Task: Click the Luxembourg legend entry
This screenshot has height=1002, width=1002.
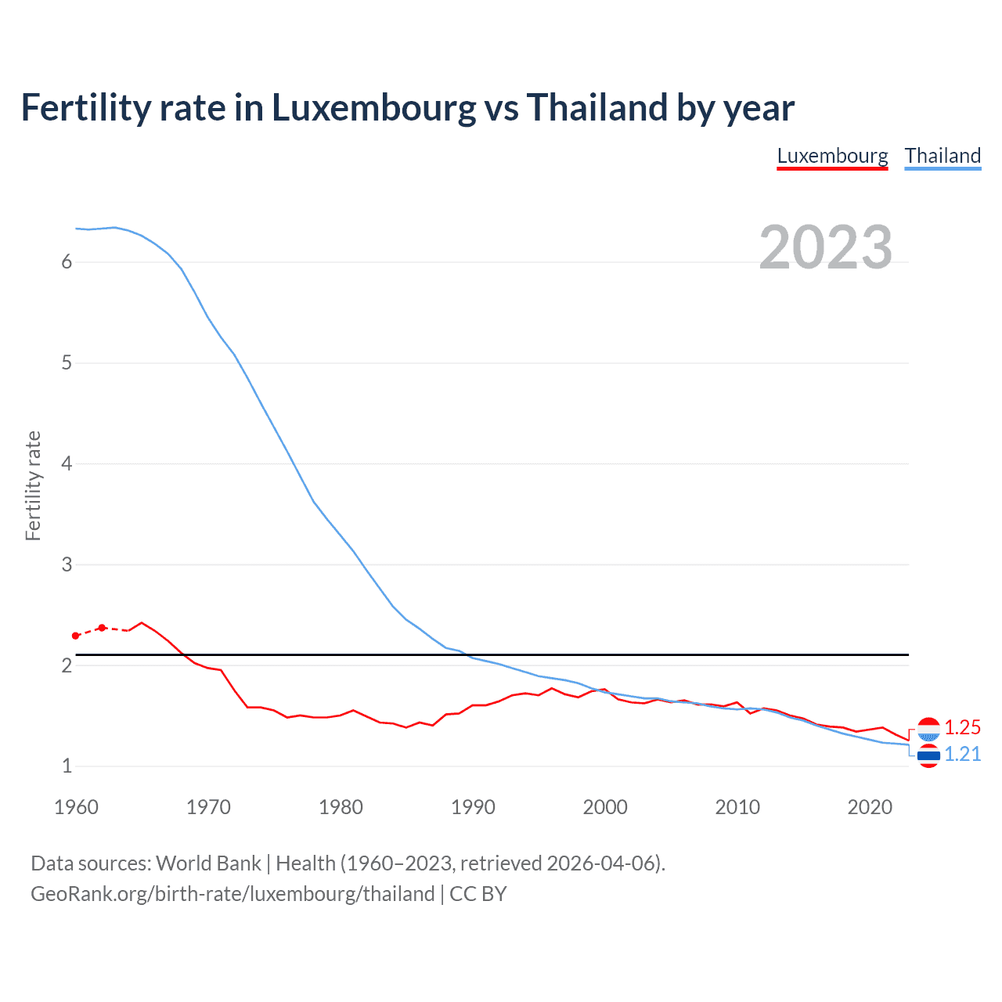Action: (x=832, y=156)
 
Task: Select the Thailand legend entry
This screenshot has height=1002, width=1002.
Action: (x=943, y=156)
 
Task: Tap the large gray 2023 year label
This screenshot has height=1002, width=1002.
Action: (x=825, y=247)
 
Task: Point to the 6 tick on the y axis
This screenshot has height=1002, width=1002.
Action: (x=67, y=262)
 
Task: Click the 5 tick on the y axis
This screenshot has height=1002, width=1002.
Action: (x=67, y=363)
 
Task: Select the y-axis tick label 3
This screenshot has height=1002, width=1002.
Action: (x=67, y=564)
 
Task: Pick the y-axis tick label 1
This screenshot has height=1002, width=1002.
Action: (x=67, y=766)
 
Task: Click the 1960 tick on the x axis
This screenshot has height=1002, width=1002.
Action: (x=76, y=807)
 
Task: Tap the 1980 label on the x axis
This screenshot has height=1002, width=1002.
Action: (x=341, y=807)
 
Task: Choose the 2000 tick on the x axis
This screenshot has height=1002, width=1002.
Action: (x=605, y=807)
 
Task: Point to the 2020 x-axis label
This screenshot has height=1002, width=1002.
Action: (x=870, y=807)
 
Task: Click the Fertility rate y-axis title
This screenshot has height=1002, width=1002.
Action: (x=33, y=485)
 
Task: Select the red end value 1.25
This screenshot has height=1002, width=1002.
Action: (x=962, y=728)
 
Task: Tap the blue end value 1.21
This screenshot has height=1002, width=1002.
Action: (x=962, y=754)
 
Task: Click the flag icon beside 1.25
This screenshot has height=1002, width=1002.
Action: (x=928, y=730)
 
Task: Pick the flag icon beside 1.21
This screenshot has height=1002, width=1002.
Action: (x=928, y=755)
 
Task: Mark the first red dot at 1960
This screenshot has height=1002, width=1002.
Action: (x=76, y=636)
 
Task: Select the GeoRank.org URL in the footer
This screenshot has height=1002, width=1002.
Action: (x=232, y=894)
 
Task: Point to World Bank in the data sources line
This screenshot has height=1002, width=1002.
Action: (x=208, y=863)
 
